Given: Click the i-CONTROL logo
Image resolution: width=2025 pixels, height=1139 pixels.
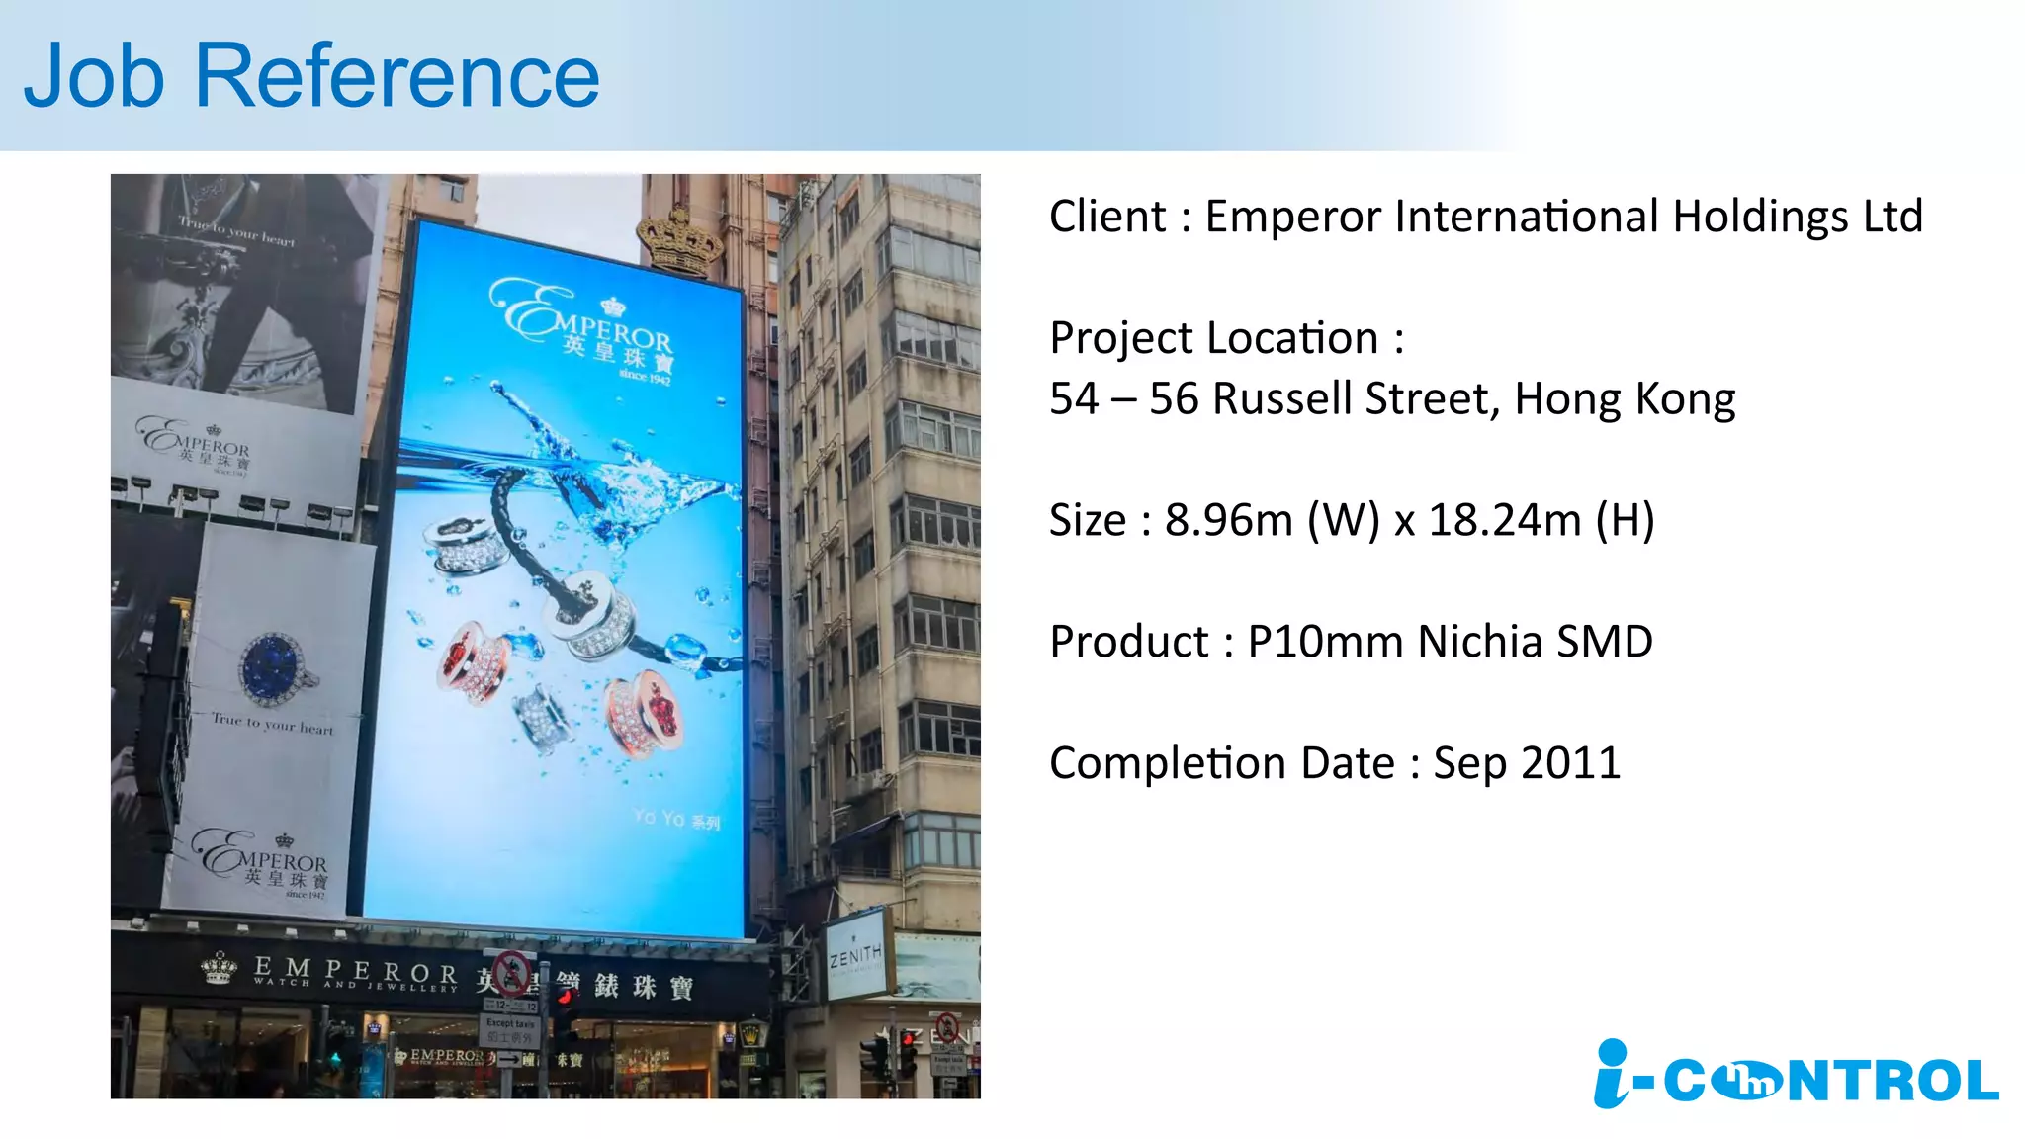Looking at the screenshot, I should tap(1796, 1076).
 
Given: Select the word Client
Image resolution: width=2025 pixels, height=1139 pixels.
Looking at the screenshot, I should tap(1107, 217).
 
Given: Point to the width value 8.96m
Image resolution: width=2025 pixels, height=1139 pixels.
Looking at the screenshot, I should tap(1228, 520).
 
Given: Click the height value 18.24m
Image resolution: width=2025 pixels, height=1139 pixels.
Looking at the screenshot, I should tap(1505, 520).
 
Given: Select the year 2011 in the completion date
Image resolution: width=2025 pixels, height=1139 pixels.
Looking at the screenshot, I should tap(1571, 763).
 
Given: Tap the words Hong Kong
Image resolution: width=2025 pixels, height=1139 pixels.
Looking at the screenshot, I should tap(1625, 399).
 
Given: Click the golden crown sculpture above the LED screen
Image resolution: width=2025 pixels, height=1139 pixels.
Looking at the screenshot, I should tap(679, 240).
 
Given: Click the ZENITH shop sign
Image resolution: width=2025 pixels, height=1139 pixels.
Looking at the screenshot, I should tap(855, 955).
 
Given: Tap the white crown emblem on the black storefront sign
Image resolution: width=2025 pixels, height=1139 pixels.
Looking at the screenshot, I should tap(219, 968).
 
